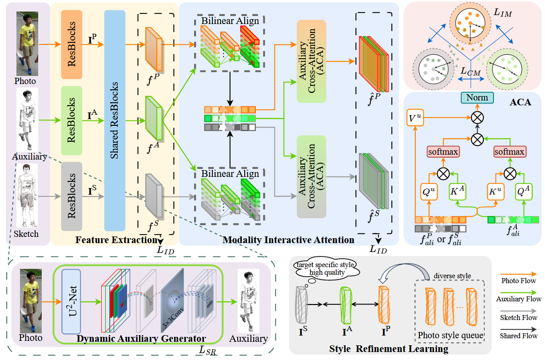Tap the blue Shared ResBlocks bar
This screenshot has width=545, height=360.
pyautogui.click(x=115, y=120)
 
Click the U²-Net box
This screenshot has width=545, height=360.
pyautogui.click(x=74, y=301)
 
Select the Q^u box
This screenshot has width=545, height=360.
pyautogui.click(x=429, y=192)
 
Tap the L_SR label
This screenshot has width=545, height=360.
pyautogui.click(x=207, y=351)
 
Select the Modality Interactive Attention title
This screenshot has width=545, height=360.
pyautogui.click(x=288, y=240)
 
